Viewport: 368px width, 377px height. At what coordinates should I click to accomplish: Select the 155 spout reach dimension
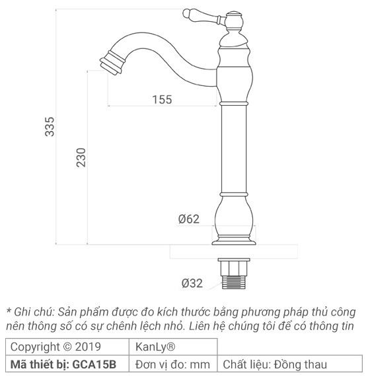[x=161, y=99]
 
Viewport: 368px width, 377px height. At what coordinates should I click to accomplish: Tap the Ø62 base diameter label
[x=188, y=219]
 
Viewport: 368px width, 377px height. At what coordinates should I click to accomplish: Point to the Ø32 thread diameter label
[x=192, y=284]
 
